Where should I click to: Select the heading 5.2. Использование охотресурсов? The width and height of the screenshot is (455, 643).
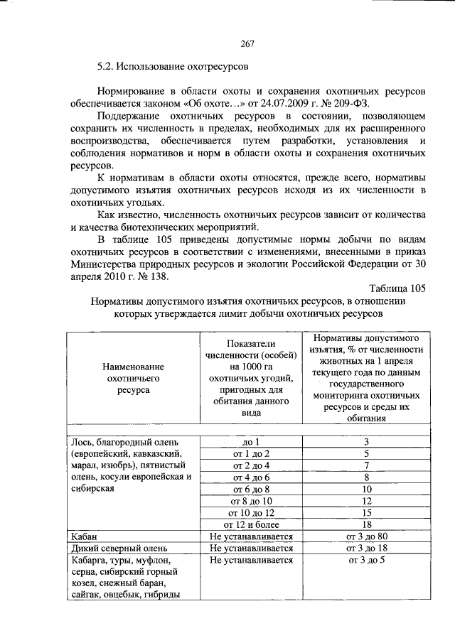[x=173, y=70]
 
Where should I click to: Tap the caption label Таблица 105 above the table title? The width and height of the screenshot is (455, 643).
[x=397, y=288]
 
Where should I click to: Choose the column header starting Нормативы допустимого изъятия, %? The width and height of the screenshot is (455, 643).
[x=366, y=376]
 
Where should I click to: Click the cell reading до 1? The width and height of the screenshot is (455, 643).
[x=247, y=441]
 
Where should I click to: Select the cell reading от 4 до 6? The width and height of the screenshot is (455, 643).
[x=247, y=477]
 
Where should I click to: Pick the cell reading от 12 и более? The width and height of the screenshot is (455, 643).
[x=247, y=524]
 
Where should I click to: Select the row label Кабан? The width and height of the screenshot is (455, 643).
[x=83, y=536]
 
